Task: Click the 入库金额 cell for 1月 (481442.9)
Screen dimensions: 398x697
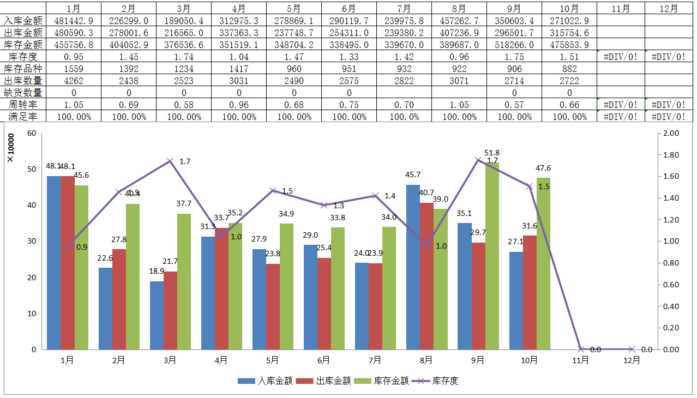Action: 74,21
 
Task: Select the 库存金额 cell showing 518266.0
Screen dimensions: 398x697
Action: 514,45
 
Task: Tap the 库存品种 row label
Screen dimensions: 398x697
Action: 23,69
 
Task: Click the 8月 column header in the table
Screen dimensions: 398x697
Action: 459,9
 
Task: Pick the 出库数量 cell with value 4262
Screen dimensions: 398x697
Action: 74,81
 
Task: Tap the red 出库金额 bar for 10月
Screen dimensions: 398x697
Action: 530,292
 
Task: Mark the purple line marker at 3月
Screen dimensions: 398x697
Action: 170,161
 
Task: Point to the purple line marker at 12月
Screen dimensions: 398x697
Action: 632,349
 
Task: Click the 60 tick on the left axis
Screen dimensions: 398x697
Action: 31,133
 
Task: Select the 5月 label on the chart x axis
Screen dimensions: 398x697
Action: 273,360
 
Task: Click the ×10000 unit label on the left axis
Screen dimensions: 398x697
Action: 10,148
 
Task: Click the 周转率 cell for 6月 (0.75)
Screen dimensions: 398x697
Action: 349,105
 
